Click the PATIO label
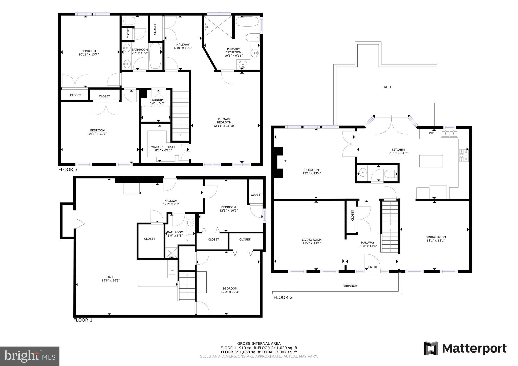[386, 87]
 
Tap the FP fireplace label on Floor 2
[285, 161]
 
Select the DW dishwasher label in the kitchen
[431, 133]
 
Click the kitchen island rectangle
[431, 161]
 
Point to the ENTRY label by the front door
[373, 267]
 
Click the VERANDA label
[350, 286]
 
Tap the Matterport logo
[465, 349]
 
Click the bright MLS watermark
[30, 356]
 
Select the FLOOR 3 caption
[68, 170]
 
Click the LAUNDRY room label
[157, 100]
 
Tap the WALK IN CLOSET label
[163, 147]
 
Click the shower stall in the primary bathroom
[218, 27]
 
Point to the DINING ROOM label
[436, 237]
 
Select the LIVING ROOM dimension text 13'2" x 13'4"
[312, 243]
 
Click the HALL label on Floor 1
[110, 277]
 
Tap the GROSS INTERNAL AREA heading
[259, 343]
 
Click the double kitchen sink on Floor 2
[449, 133]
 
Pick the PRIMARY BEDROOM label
[224, 121]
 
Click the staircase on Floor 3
[181, 114]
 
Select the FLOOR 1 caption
[83, 320]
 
